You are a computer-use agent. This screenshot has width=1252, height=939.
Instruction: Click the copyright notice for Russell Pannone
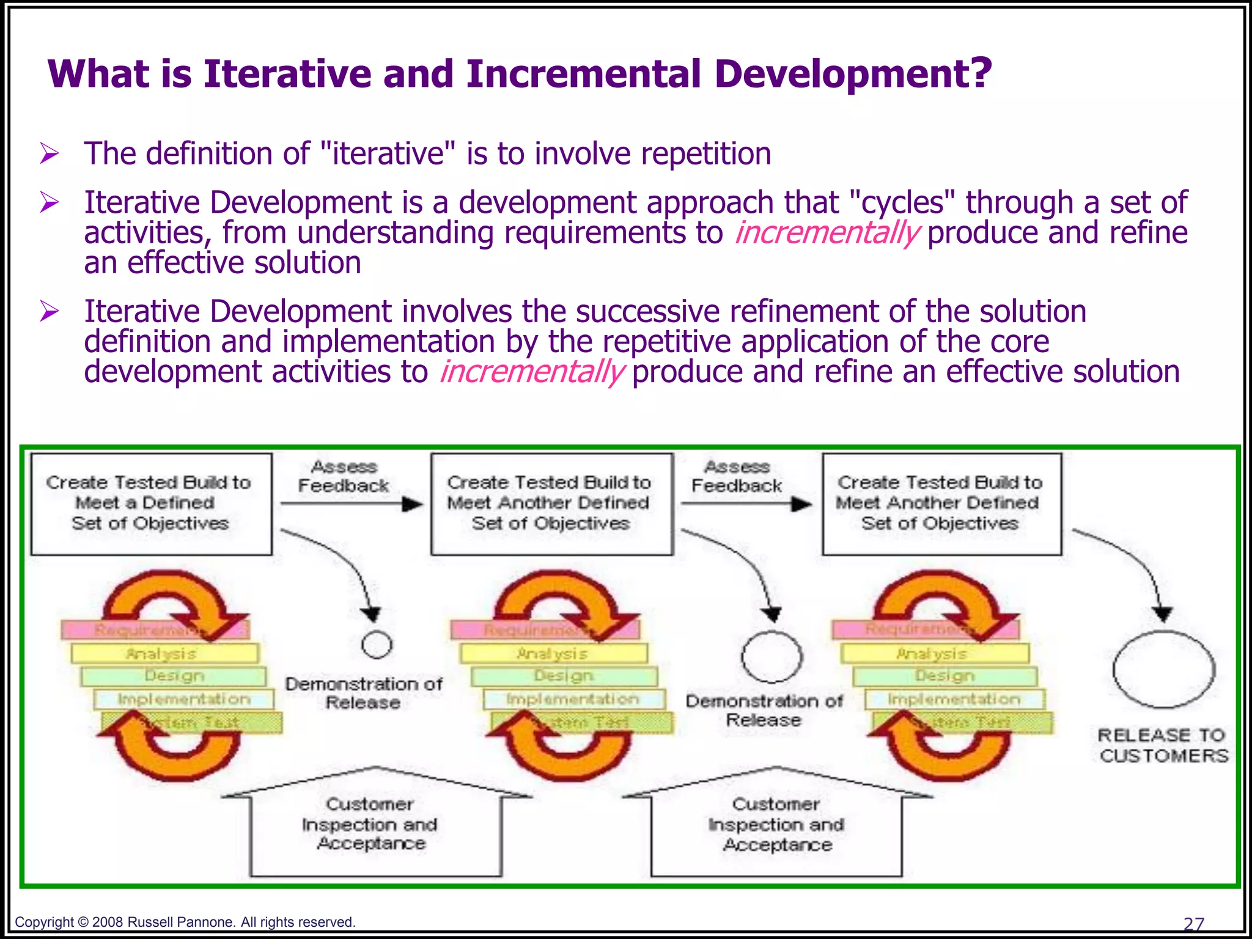click(x=185, y=922)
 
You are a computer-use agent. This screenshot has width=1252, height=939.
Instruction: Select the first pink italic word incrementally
click(x=827, y=233)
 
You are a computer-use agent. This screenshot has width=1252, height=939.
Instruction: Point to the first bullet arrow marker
click(x=49, y=153)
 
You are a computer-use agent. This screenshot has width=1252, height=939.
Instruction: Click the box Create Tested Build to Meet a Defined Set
click(x=151, y=504)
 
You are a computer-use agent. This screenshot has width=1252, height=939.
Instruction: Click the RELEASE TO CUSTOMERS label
click(x=1162, y=745)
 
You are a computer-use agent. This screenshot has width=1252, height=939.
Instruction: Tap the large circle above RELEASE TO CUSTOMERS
click(x=1163, y=669)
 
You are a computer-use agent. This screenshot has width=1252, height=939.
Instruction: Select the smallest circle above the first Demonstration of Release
click(x=377, y=644)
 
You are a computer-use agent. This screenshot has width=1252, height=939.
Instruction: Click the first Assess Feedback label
click(x=344, y=476)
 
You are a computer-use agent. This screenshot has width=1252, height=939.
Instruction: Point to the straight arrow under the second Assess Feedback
click(x=746, y=504)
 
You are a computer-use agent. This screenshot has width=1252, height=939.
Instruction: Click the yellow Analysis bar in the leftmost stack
click(x=164, y=654)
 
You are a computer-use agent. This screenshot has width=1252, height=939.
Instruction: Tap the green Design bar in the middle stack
click(x=564, y=676)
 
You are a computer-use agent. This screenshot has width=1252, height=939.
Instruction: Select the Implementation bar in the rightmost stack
click(x=954, y=699)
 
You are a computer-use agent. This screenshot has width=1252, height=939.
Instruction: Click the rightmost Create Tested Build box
click(x=941, y=504)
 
